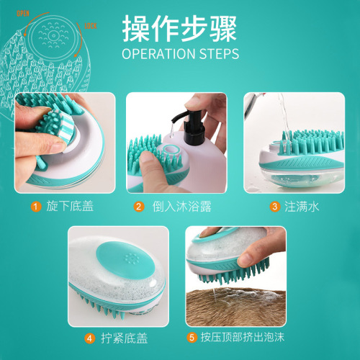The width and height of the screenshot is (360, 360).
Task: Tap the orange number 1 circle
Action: coord(34,207)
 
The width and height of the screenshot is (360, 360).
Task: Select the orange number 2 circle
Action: coord(139,207)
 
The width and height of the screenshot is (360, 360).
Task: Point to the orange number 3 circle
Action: coord(274,207)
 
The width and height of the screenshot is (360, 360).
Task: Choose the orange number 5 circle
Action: coord(191,337)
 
